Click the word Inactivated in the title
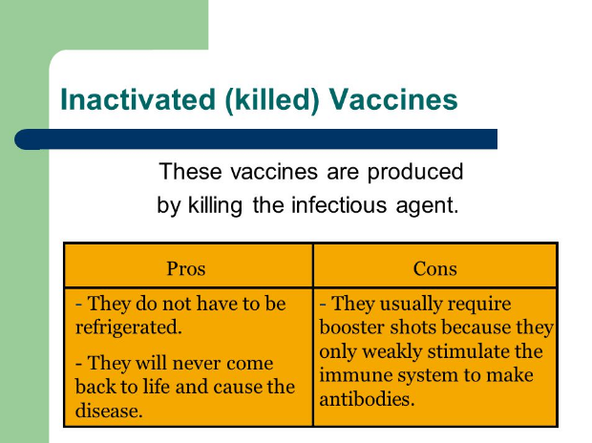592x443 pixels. [137, 99]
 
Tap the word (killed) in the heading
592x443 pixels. [272, 100]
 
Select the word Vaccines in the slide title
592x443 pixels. [393, 99]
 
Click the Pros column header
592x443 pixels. [186, 269]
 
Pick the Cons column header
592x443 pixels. [435, 269]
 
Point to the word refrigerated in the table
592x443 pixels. [128, 327]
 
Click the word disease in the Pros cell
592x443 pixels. [109, 411]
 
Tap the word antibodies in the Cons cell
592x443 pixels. [367, 399]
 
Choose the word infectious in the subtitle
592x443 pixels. [339, 205]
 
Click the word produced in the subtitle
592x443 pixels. [415, 173]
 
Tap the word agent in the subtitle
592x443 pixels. [427, 207]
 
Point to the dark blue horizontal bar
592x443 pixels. [256, 139]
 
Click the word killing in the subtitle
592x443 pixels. [215, 206]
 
